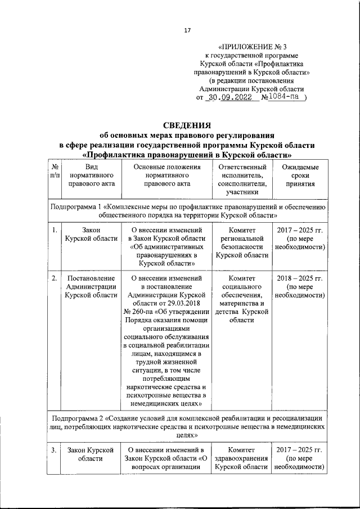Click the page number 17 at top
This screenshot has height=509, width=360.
(x=187, y=30)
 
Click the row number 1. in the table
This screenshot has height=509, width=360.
(x=54, y=230)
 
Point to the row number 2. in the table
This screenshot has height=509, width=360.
(x=54, y=278)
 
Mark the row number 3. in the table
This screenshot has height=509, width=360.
(x=54, y=450)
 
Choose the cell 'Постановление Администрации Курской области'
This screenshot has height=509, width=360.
(x=91, y=287)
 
